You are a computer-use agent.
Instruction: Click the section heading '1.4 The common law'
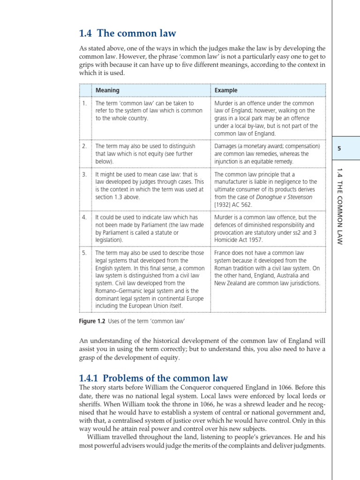(x=128, y=33)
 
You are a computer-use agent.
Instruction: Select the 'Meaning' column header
(x=107, y=90)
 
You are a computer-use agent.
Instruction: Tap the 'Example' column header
(x=226, y=90)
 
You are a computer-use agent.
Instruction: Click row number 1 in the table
(x=84, y=103)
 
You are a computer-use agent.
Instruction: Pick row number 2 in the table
(x=84, y=146)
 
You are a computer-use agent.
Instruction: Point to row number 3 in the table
(x=84, y=174)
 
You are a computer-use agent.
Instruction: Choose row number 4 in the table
(x=84, y=217)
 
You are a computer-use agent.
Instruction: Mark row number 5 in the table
(x=84, y=253)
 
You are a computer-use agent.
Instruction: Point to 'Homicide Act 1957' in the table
(x=238, y=240)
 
